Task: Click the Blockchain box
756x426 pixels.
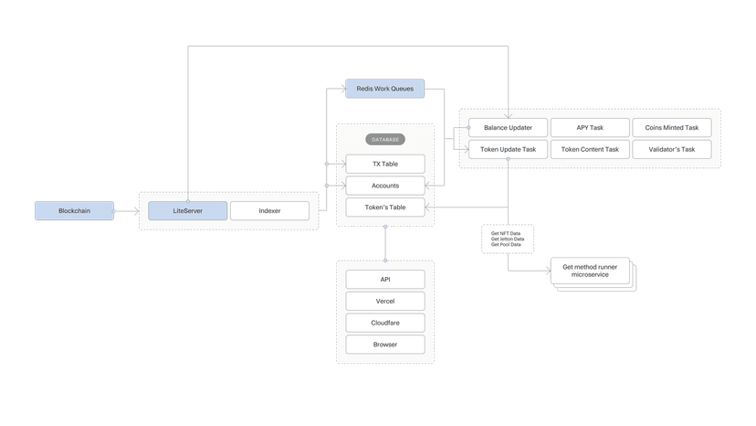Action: tap(75, 211)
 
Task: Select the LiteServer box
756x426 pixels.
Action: tap(187, 211)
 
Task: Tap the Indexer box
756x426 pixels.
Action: tap(269, 211)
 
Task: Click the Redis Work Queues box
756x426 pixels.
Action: tap(384, 89)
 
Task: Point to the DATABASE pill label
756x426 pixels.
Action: tap(385, 140)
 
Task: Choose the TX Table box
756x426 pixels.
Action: tap(385, 164)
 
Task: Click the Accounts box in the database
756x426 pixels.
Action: tap(385, 186)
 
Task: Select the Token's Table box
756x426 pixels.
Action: tap(385, 208)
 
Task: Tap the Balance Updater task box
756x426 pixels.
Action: tap(508, 128)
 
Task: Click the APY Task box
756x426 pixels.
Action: tap(590, 128)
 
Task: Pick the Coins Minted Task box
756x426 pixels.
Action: tap(672, 128)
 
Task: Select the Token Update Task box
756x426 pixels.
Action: tap(508, 149)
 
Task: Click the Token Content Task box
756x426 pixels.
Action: tap(590, 149)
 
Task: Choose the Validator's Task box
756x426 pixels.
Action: tap(672, 149)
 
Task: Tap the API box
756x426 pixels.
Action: tap(385, 279)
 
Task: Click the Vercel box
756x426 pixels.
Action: tap(385, 301)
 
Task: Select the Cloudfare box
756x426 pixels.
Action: tap(385, 323)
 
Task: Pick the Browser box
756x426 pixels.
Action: tap(385, 345)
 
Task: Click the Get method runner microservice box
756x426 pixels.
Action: tap(590, 271)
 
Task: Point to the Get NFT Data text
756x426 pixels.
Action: tap(506, 233)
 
